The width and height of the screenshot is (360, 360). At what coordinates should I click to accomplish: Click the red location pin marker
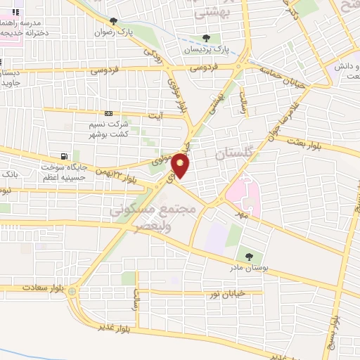(x=181, y=166)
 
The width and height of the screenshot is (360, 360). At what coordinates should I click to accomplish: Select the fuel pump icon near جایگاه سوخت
(x=65, y=156)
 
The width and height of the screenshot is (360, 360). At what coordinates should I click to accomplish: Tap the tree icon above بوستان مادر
(x=247, y=256)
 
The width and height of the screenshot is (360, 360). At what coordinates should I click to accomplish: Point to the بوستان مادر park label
(x=247, y=268)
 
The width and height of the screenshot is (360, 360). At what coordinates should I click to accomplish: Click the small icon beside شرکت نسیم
(x=108, y=112)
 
